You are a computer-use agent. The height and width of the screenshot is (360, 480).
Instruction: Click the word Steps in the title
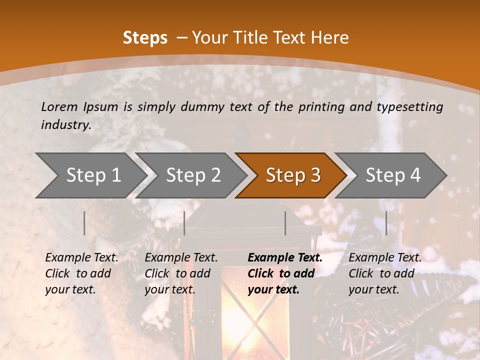145,38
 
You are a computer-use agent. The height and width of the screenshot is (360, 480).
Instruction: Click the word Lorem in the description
59,106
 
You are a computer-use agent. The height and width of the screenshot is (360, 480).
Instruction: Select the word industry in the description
65,125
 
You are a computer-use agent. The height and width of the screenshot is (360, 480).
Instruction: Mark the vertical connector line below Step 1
84,223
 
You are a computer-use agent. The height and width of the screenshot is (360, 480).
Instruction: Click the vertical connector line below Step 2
184,223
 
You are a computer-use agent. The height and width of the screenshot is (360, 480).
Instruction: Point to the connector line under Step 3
285,223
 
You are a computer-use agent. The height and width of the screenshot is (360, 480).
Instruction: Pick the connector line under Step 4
386,223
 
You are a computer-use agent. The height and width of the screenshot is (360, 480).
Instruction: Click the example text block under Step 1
81,273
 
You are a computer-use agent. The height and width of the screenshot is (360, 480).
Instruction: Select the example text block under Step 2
181,273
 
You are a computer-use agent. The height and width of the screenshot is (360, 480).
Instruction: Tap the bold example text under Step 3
285,273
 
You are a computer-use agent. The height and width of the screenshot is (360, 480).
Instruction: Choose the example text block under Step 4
385,273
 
